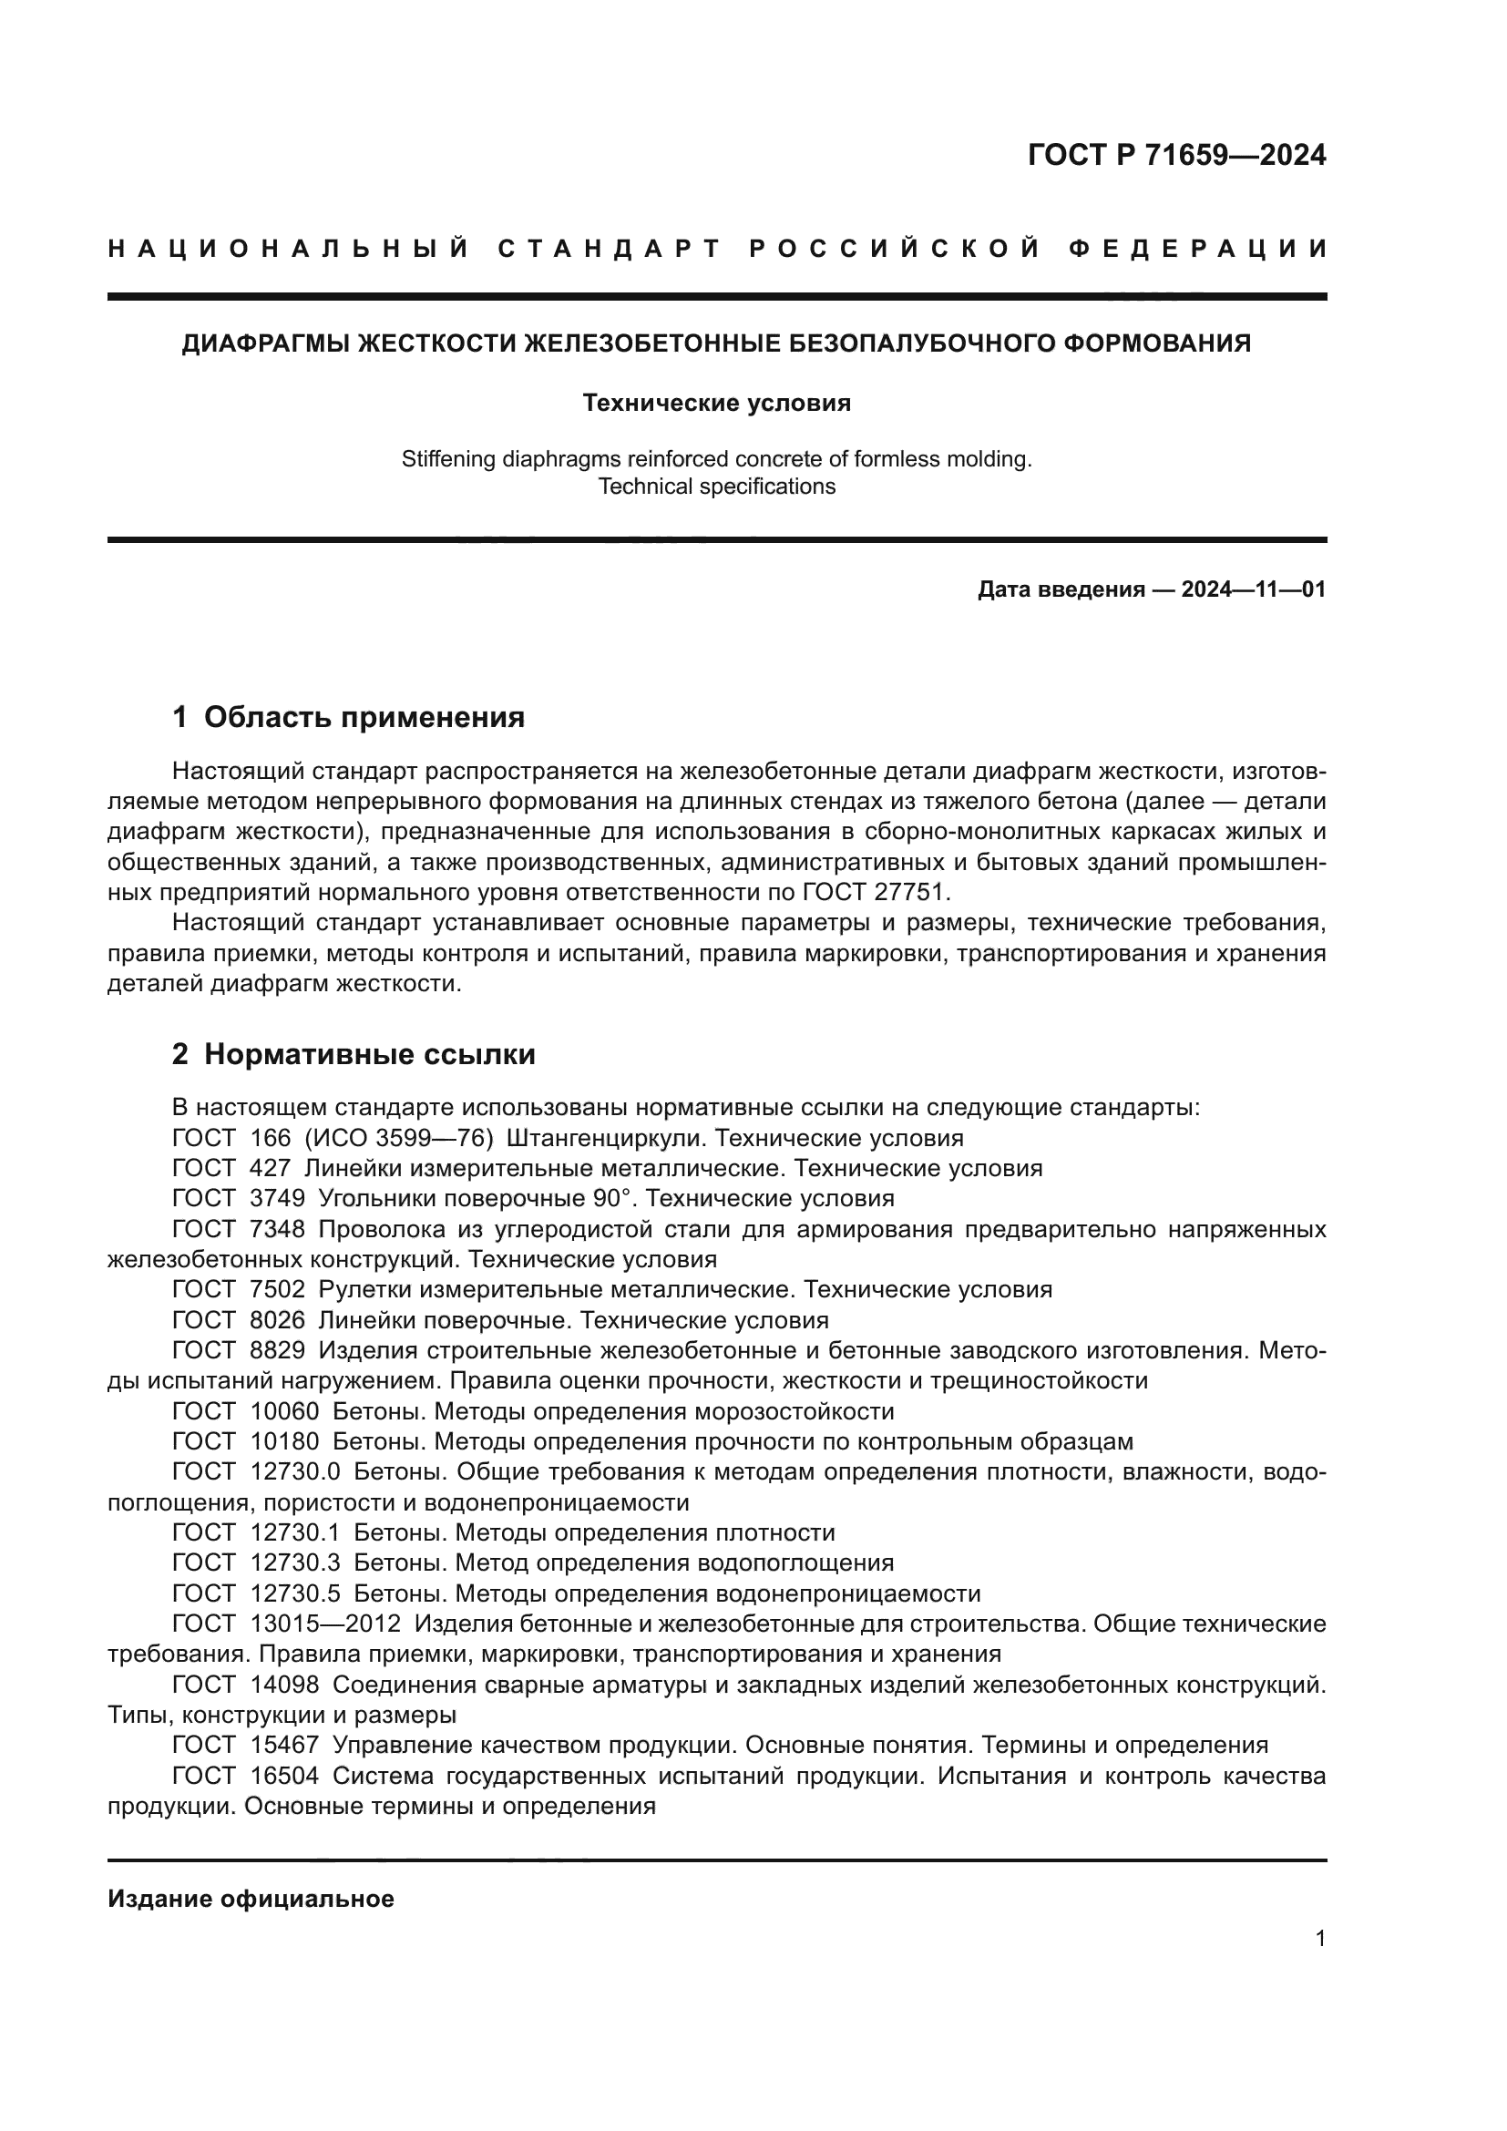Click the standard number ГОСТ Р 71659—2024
point(1175,156)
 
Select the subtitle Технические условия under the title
point(716,404)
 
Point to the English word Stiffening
point(447,459)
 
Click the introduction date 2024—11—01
point(1253,589)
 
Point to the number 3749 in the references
point(278,1198)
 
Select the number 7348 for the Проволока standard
point(278,1229)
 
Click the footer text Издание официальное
point(251,1899)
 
